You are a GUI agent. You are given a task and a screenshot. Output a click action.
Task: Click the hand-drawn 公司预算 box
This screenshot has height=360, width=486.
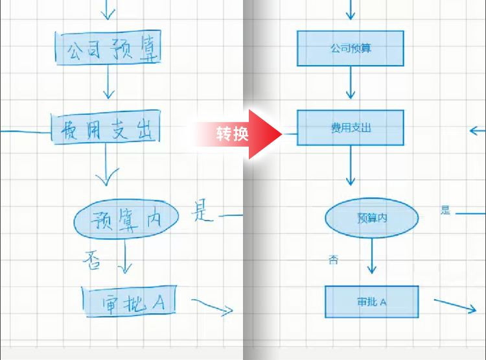(107, 49)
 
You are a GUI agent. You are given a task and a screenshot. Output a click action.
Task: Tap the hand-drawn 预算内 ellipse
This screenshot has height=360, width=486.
(126, 219)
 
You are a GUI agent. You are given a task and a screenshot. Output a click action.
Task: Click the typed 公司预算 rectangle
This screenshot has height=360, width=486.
(351, 49)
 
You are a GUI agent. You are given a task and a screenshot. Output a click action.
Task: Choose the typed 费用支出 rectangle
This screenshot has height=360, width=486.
(351, 127)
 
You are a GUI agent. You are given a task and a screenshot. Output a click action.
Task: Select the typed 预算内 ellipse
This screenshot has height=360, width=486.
(371, 219)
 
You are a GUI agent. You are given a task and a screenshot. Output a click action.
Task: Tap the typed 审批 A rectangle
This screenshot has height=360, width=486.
(371, 302)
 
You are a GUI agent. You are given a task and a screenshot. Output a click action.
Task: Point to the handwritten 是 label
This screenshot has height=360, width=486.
(202, 211)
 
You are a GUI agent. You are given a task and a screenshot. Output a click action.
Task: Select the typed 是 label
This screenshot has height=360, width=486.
(445, 210)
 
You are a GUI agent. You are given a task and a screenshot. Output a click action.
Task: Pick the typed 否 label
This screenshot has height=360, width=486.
(334, 261)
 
